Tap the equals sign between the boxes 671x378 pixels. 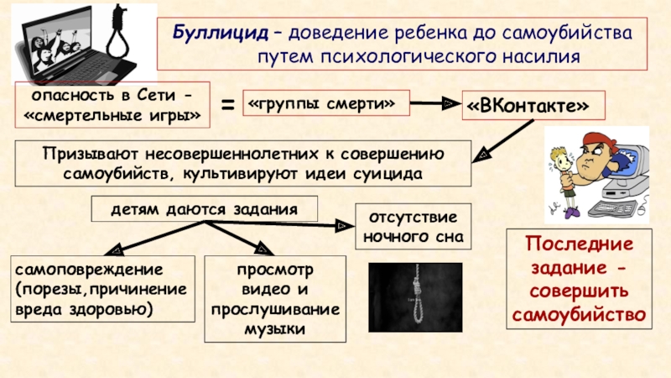226,107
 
